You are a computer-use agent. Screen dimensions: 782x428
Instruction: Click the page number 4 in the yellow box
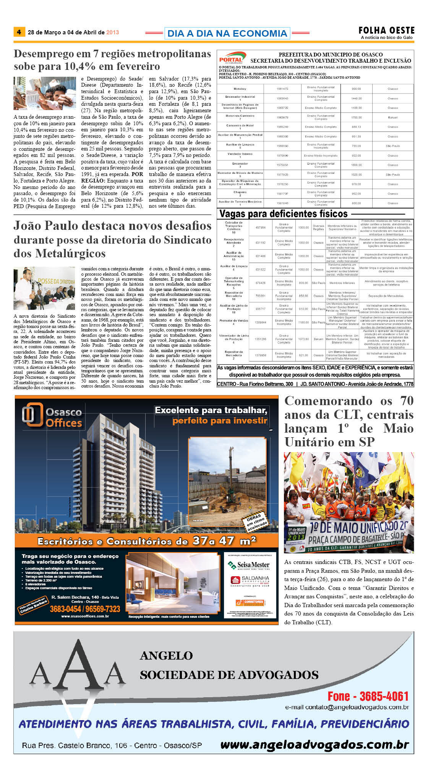(x=19, y=32)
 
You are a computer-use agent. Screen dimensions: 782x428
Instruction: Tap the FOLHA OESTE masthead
(x=386, y=31)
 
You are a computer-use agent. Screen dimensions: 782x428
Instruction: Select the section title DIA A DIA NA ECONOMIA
(x=227, y=34)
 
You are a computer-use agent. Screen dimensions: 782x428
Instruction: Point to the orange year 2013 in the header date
(x=112, y=32)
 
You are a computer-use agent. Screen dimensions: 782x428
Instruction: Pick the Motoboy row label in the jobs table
(x=240, y=89)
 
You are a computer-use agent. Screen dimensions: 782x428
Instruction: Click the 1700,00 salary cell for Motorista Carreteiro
(x=356, y=118)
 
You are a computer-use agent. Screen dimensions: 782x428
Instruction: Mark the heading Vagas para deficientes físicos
(x=283, y=214)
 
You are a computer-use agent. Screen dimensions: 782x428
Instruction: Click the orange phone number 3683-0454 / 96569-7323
(x=85, y=609)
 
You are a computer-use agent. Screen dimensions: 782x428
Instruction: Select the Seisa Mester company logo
(x=248, y=565)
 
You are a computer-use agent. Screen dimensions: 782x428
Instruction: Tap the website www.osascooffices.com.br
(x=85, y=616)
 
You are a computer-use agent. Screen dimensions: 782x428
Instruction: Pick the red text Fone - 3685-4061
(x=368, y=696)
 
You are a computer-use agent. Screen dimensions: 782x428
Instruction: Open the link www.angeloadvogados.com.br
(x=314, y=745)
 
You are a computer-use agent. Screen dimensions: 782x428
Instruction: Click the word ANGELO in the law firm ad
(x=166, y=656)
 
